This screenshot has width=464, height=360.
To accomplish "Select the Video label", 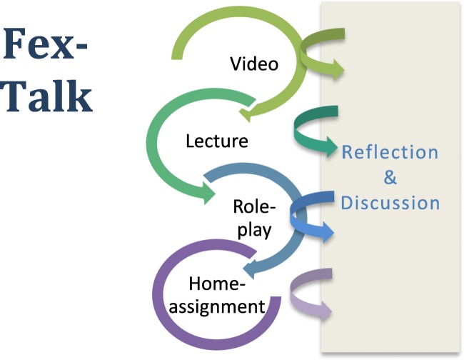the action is [254, 64].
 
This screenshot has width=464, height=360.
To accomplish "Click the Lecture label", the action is [217, 141].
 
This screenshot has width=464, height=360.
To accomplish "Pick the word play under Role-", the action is [255, 230].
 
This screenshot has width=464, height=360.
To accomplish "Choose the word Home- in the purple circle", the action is [217, 284].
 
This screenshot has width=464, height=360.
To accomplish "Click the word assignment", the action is [217, 306].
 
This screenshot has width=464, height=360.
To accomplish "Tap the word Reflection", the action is [390, 152].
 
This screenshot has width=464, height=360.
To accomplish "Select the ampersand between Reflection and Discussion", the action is [390, 177].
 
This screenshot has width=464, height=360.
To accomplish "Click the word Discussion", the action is [390, 203].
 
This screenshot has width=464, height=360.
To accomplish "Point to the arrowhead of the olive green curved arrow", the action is [338, 69].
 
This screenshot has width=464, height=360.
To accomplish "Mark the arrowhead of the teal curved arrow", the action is [332, 147].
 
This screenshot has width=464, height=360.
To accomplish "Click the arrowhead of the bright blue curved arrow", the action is [328, 232].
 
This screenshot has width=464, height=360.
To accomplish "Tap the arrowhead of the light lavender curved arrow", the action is [326, 310].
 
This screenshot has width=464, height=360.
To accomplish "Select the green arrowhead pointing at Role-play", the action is [209, 193].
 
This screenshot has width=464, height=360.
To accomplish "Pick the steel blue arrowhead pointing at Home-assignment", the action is [249, 269].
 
